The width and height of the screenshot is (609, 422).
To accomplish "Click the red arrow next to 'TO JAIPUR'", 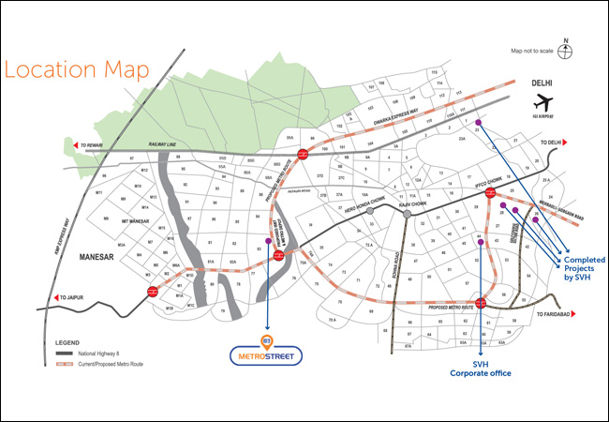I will click(60, 298).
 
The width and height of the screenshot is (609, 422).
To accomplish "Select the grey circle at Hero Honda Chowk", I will click(371, 212).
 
